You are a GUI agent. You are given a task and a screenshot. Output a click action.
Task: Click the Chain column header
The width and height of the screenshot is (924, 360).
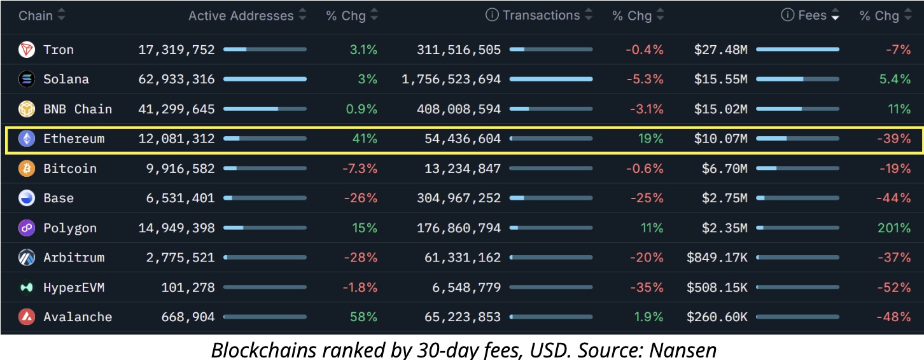coord(35,15)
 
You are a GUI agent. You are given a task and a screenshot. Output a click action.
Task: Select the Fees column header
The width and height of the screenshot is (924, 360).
coord(812,15)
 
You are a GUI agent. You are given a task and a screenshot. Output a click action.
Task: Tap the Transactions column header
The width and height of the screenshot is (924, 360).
coord(541,15)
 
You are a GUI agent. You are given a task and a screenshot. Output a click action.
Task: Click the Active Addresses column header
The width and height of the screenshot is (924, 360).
coord(241,15)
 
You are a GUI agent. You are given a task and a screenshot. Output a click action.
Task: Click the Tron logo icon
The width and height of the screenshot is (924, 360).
coord(27,50)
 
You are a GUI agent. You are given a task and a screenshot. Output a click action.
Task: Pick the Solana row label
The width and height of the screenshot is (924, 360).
coord(66,80)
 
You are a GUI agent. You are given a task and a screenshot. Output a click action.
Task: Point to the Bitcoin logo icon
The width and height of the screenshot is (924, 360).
coord(27,169)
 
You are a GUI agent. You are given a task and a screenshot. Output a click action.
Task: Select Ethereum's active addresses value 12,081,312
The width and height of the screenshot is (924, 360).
coord(176,139)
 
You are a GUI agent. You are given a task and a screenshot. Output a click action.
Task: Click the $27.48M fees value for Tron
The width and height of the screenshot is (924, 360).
coord(721,50)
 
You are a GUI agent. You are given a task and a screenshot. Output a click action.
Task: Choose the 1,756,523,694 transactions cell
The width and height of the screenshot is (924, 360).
coord(451,80)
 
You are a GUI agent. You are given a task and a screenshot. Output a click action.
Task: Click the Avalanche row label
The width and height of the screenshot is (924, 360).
coord(78,317)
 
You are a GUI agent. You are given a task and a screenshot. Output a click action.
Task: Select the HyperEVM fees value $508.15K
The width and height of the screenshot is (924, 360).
coord(717,287)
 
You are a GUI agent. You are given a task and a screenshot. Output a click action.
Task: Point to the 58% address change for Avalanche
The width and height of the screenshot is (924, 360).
coord(364,317)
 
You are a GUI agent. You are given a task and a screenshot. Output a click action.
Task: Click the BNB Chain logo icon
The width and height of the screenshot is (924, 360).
coord(27,109)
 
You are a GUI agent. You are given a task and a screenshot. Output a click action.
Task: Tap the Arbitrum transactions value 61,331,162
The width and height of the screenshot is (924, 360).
coord(459,258)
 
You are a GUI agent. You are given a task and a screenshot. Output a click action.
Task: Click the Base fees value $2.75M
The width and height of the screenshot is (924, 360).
coord(725,198)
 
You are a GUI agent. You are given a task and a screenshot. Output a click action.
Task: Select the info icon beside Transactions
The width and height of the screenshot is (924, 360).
coord(492,15)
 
